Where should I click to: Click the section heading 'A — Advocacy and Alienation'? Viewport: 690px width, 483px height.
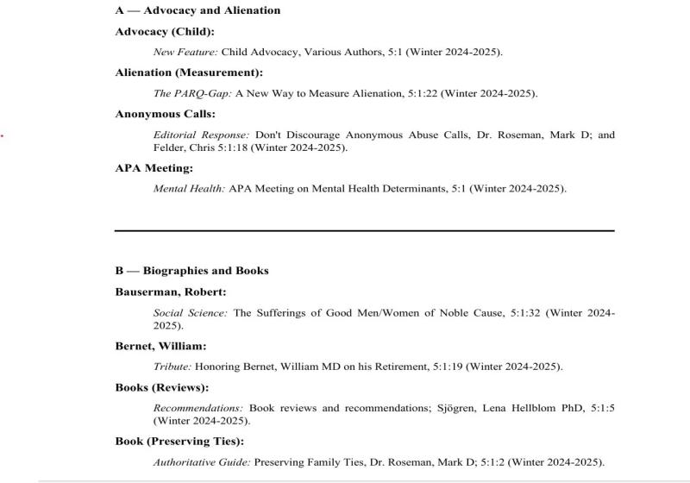(198, 10)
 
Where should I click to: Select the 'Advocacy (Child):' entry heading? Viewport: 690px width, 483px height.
(165, 32)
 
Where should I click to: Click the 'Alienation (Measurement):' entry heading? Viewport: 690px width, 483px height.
(189, 72)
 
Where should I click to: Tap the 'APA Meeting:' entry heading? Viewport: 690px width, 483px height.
(154, 168)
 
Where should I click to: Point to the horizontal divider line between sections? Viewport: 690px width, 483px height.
(365, 230)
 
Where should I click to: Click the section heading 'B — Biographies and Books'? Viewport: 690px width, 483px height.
(191, 271)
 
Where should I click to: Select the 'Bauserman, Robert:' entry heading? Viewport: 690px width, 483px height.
(171, 292)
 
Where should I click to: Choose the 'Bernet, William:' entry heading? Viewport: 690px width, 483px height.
(160, 346)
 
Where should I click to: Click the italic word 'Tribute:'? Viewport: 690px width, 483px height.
(172, 367)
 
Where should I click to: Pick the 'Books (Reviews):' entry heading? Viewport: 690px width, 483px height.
(162, 387)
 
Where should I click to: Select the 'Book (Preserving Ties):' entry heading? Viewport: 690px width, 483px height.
(179, 442)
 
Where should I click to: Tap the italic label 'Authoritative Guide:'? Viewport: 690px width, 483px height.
(202, 462)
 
